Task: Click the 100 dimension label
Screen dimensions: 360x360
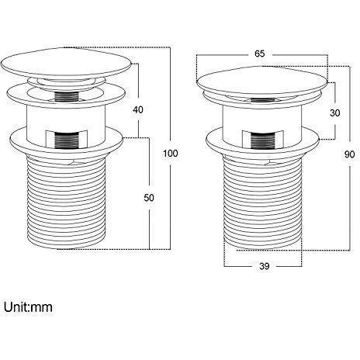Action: click(171, 154)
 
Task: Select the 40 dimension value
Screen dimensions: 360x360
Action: click(138, 109)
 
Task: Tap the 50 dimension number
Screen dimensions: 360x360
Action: click(149, 198)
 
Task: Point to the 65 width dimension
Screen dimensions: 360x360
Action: click(260, 54)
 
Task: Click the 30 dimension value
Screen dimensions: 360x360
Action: click(335, 113)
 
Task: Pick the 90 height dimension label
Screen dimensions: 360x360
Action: click(349, 154)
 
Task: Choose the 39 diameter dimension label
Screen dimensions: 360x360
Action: click(264, 266)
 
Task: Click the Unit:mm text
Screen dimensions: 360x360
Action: click(28, 307)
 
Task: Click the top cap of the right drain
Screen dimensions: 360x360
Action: click(262, 81)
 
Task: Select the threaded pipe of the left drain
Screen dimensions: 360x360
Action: click(66, 202)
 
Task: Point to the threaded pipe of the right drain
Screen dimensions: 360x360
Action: click(262, 203)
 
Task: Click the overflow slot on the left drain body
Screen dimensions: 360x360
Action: click(67, 139)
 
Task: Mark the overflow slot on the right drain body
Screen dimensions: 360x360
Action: click(263, 140)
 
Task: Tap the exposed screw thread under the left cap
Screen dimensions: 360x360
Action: click(67, 97)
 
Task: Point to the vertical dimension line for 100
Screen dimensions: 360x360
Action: click(171, 148)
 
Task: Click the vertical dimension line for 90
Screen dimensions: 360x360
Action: click(350, 158)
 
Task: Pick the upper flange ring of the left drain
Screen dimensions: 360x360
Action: click(66, 95)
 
